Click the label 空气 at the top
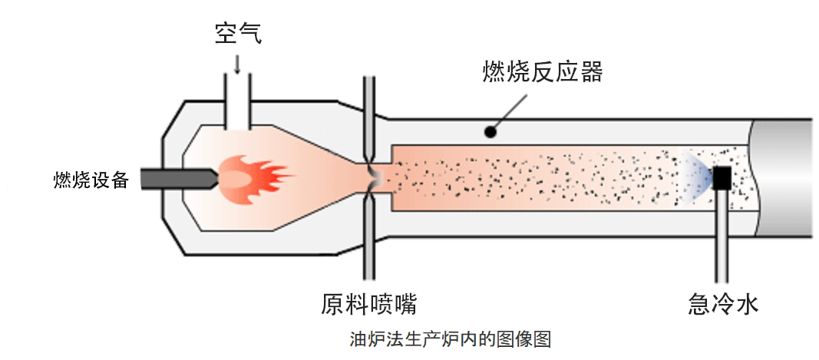237,34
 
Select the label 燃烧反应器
542,72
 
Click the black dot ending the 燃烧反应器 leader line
490,132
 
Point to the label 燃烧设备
91,180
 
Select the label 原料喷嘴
368,303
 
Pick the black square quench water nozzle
722,179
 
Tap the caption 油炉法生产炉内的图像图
451,339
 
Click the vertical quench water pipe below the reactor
722,238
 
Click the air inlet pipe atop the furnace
237,100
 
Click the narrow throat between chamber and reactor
370,178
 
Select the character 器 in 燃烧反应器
590,72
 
